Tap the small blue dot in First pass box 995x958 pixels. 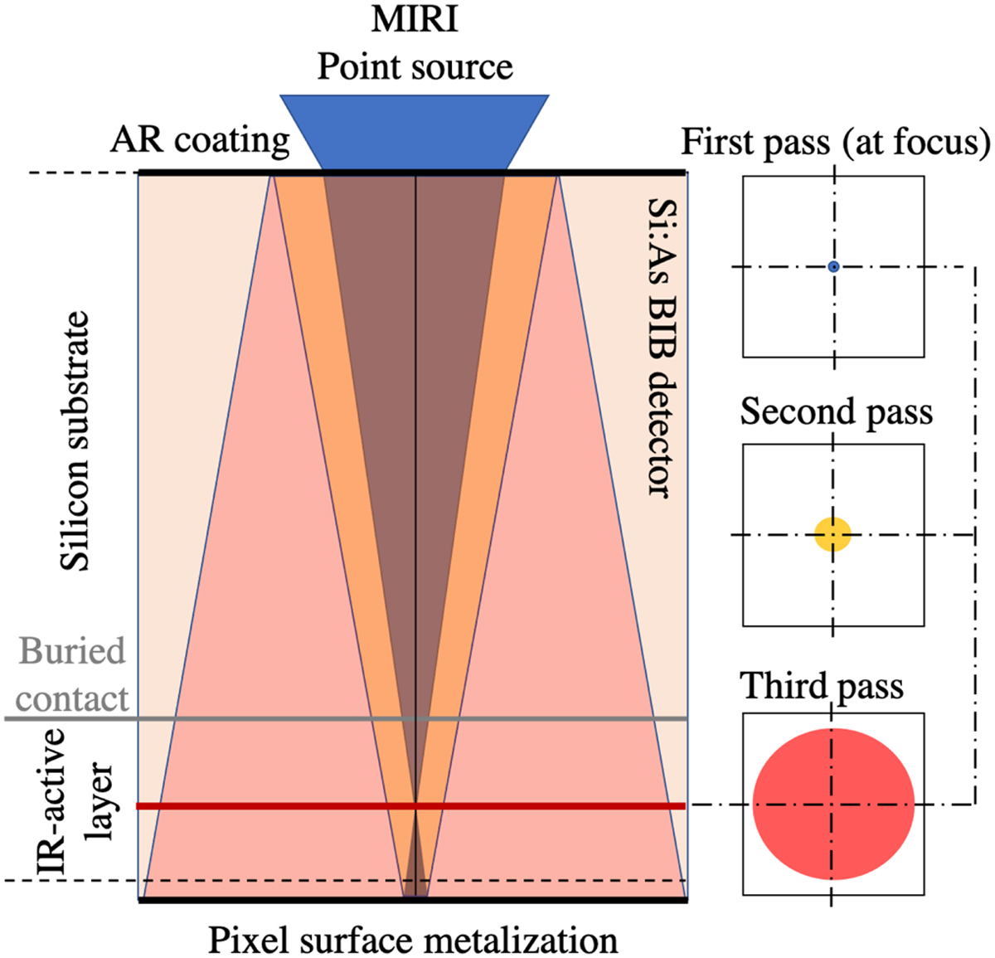pos(833,266)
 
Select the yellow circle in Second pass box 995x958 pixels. pos(832,535)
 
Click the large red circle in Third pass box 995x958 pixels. pos(833,804)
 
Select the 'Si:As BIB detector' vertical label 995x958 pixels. pos(662,348)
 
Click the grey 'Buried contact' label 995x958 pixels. pos(72,674)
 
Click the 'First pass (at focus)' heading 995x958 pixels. pos(836,142)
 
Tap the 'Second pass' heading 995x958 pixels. pos(836,411)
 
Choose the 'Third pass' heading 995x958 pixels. pos(822,686)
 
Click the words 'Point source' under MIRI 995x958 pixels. pos(415,66)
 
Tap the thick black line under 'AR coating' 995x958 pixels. pos(207,173)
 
